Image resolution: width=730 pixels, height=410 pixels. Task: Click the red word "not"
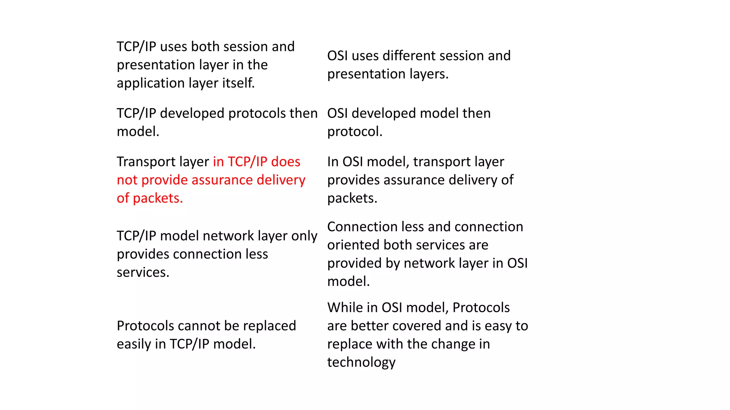127,180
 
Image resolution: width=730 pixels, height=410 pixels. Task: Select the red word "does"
286,162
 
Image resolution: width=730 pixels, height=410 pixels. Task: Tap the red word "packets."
158,198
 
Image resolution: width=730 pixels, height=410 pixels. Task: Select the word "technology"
361,362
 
